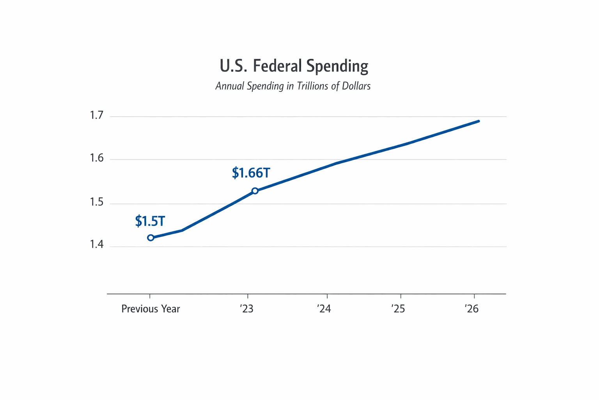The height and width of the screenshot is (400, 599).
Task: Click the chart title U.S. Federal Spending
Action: pyautogui.click(x=294, y=66)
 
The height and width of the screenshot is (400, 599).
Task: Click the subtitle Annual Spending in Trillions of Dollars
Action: pyautogui.click(x=293, y=86)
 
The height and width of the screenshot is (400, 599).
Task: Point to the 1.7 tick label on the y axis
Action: pyautogui.click(x=96, y=115)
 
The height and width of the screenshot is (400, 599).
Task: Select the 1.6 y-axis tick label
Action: pyautogui.click(x=96, y=158)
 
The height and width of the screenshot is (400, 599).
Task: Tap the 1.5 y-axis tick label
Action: pyautogui.click(x=96, y=202)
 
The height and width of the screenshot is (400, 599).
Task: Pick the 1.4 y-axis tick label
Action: pyautogui.click(x=96, y=245)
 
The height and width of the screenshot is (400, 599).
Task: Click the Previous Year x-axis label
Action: pyautogui.click(x=151, y=309)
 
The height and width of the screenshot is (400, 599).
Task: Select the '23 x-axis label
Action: pyautogui.click(x=247, y=309)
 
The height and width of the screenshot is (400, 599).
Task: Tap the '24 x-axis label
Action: pyautogui.click(x=324, y=309)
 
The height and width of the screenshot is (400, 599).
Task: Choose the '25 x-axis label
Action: pyautogui.click(x=398, y=309)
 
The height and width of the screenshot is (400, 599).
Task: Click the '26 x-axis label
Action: pyautogui.click(x=472, y=309)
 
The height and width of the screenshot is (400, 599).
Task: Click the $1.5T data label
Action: pyautogui.click(x=150, y=221)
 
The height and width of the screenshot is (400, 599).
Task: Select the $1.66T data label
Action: pyautogui.click(x=251, y=173)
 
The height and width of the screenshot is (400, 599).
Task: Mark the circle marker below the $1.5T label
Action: pyautogui.click(x=151, y=238)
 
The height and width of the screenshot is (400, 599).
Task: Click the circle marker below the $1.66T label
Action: pyautogui.click(x=255, y=191)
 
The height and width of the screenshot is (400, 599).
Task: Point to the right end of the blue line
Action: pyautogui.click(x=478, y=121)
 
